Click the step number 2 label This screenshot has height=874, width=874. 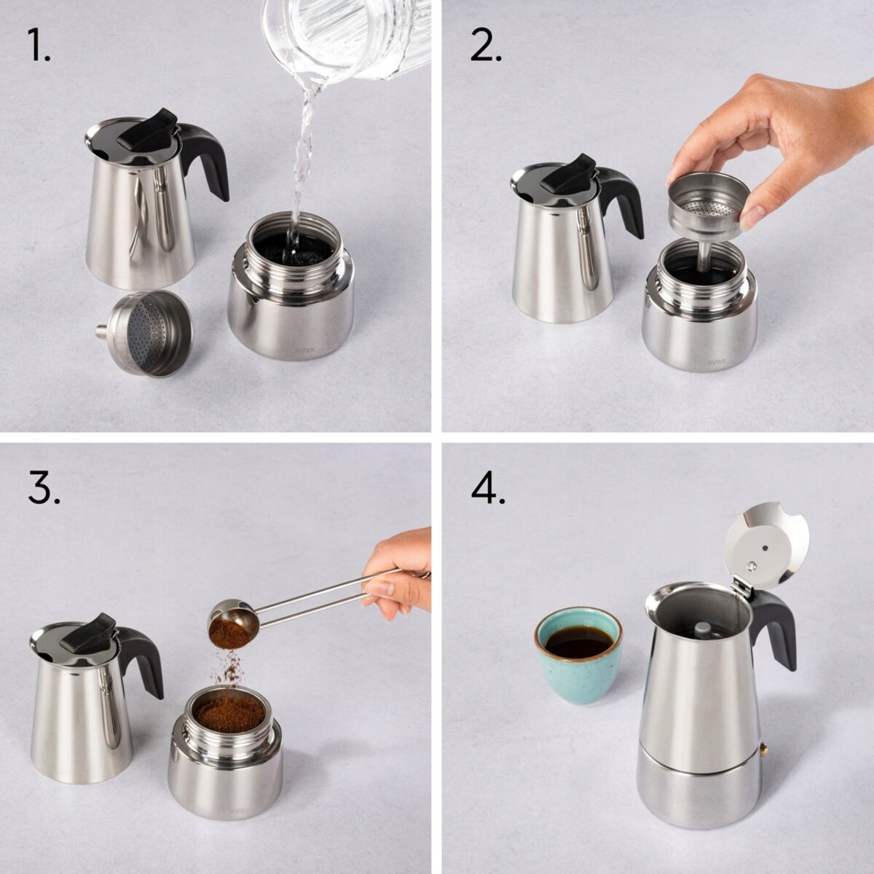point(486,46)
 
